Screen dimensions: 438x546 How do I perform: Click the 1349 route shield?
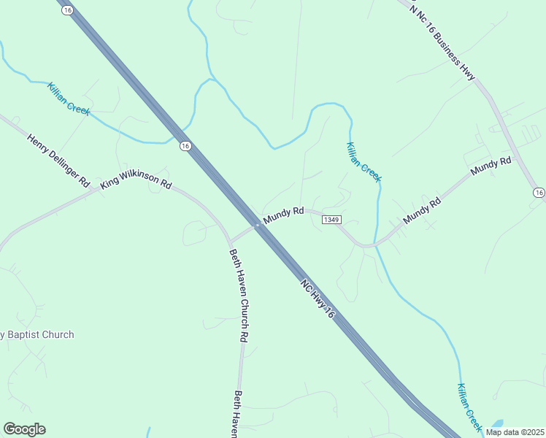(331, 220)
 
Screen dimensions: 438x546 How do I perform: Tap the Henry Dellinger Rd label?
(58, 161)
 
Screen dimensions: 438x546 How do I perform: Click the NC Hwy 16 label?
(318, 296)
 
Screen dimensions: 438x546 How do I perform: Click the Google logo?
(24, 429)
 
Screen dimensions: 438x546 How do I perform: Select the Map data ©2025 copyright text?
(515, 431)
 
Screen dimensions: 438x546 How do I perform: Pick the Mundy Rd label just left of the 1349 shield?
(283, 214)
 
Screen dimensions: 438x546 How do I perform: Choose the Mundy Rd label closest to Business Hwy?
(491, 166)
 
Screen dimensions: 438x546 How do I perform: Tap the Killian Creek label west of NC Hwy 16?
(69, 99)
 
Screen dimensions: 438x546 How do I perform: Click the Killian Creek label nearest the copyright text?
(470, 406)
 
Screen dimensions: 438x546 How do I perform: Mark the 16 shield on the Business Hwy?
(539, 193)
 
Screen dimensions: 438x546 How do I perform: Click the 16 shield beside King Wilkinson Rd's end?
(185, 146)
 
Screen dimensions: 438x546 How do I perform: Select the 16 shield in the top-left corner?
(68, 11)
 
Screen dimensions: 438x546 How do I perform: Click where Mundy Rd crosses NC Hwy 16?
(258, 225)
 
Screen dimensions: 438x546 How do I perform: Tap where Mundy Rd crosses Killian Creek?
(374, 244)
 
